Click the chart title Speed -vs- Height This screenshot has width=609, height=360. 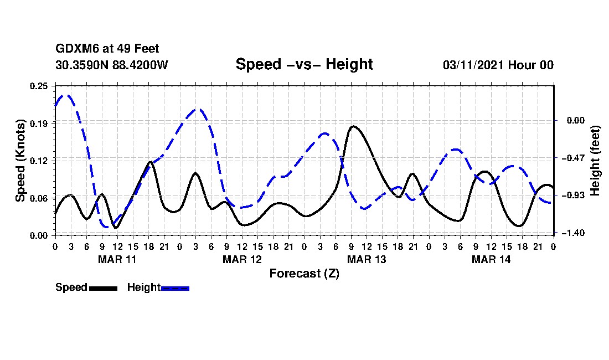(x=304, y=64)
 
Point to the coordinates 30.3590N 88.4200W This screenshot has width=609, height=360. (x=111, y=65)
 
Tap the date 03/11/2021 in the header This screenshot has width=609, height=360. (x=472, y=65)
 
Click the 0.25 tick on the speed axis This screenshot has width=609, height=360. (x=39, y=86)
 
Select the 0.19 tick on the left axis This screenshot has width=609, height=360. (x=39, y=123)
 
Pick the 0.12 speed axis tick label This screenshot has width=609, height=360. (x=39, y=161)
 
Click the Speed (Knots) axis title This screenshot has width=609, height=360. (x=20, y=160)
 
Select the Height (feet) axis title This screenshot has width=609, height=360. (x=596, y=161)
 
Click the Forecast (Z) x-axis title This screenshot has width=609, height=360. (x=304, y=274)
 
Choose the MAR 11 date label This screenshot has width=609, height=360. (x=117, y=259)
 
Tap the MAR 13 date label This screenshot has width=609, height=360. (x=367, y=259)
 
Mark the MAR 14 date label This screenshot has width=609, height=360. (x=491, y=259)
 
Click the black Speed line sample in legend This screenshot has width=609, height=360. (x=103, y=288)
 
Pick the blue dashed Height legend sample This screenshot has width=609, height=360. (x=175, y=288)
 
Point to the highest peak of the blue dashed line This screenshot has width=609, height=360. (x=66, y=95)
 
